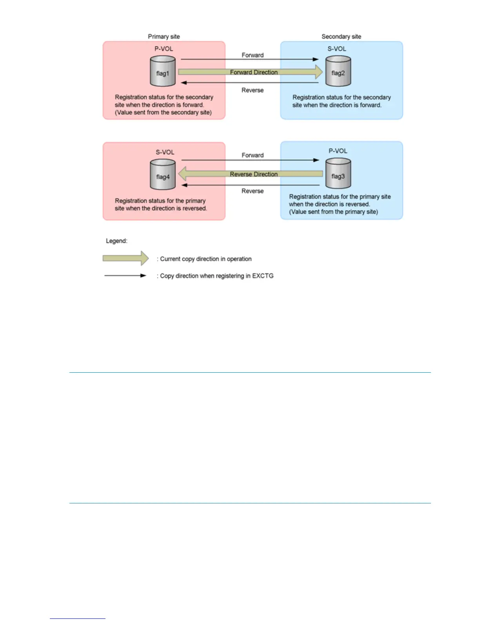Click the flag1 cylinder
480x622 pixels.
point(163,71)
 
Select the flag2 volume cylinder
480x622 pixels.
point(338,71)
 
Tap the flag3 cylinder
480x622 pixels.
point(338,174)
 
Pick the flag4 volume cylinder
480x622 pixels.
point(163,175)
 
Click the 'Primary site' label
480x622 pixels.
point(164,37)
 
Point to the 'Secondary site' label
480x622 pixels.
point(341,37)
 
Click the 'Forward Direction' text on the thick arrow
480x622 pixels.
point(254,72)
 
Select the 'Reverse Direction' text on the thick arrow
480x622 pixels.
point(254,174)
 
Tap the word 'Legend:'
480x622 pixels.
point(116,241)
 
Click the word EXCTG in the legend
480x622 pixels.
point(263,276)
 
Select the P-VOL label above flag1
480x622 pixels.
point(164,49)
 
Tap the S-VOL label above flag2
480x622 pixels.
point(337,49)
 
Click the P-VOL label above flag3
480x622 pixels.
point(338,151)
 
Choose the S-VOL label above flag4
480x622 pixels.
point(165,152)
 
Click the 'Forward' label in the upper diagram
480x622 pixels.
point(253,55)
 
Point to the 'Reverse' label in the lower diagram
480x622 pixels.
point(253,191)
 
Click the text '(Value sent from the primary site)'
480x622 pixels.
point(333,212)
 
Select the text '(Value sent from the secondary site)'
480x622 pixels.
point(163,112)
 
